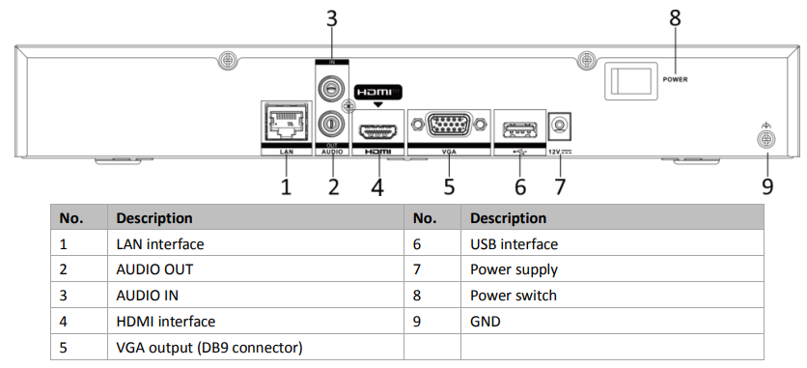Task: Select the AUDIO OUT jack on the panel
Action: click(x=331, y=124)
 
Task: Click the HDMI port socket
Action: click(x=379, y=132)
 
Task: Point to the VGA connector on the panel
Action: click(x=449, y=125)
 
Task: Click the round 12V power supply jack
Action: click(x=561, y=125)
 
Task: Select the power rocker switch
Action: click(x=631, y=81)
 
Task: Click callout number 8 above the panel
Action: click(x=675, y=18)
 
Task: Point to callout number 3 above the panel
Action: click(x=332, y=19)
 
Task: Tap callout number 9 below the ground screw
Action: click(x=767, y=186)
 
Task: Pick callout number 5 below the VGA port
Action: click(x=449, y=186)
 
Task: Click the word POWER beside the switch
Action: click(x=675, y=80)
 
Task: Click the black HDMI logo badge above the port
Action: click(x=378, y=92)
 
